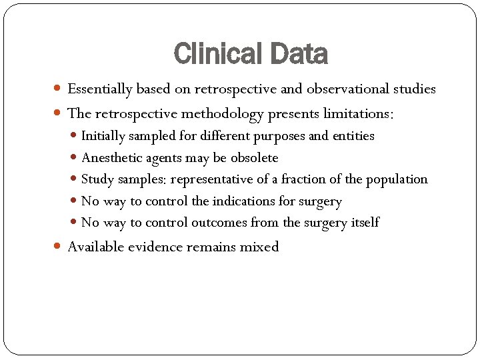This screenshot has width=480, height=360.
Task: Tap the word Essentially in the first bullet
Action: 100,89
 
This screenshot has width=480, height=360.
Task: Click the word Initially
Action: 103,136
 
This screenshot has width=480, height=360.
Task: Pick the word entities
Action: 353,136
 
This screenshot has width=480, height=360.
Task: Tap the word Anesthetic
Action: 109,158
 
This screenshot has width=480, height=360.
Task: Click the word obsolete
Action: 254,158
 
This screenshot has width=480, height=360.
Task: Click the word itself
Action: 365,223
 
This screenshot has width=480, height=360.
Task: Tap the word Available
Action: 95,247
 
